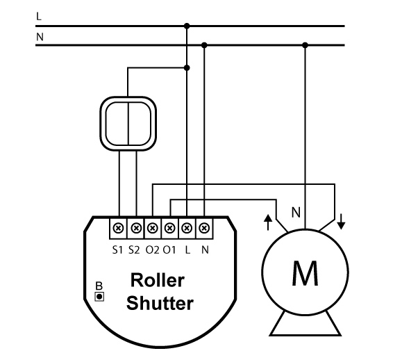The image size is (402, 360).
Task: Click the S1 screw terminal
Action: (x=118, y=228)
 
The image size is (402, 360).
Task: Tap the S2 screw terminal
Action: (x=136, y=228)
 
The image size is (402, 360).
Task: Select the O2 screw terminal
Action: (x=153, y=228)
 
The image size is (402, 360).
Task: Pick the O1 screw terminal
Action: (x=169, y=228)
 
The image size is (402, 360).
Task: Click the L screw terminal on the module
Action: (x=187, y=228)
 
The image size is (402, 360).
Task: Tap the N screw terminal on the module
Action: (x=204, y=228)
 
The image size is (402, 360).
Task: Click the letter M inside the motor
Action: (x=305, y=273)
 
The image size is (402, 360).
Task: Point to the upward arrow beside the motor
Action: (x=268, y=222)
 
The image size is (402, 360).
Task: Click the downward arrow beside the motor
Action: (x=341, y=222)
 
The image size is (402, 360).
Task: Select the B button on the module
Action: (x=99, y=297)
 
